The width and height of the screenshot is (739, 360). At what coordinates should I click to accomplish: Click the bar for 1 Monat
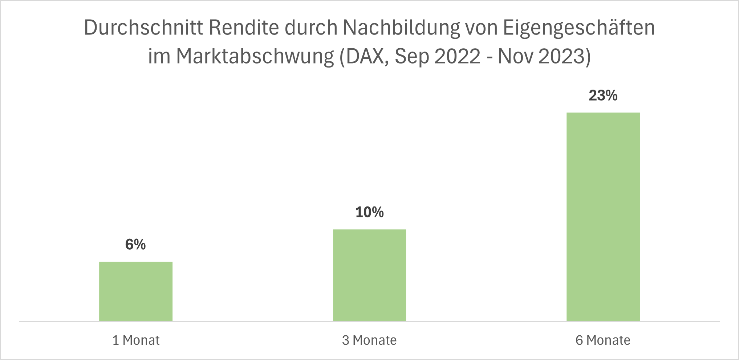click(x=136, y=291)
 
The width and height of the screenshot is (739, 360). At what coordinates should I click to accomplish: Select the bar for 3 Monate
click(x=369, y=275)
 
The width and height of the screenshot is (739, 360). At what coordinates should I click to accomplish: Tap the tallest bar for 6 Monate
click(x=603, y=217)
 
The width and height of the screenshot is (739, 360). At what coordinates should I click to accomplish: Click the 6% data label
click(x=135, y=245)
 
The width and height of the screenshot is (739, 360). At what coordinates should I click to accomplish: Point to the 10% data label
click(x=369, y=212)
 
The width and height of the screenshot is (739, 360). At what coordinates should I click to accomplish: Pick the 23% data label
click(x=603, y=96)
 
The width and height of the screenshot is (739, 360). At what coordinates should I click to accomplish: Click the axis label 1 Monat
click(x=136, y=340)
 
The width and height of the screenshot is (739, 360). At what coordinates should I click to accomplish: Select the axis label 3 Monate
click(x=369, y=340)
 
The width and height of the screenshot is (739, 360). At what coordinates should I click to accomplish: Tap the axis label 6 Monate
click(x=603, y=340)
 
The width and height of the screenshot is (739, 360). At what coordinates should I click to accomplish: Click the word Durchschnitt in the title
click(x=143, y=28)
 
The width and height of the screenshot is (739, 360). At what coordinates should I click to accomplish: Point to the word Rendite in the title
click(x=244, y=28)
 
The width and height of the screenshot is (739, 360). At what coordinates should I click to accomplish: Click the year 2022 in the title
click(x=458, y=57)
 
